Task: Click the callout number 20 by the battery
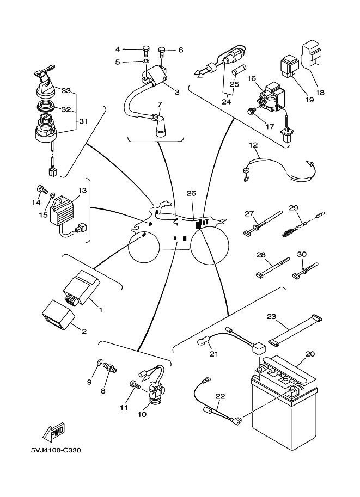pyautogui.click(x=310, y=354)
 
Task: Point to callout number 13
pyautogui.click(x=82, y=191)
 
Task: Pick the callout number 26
pyautogui.click(x=191, y=193)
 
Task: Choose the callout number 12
pyautogui.click(x=253, y=145)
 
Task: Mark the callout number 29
pyautogui.click(x=294, y=208)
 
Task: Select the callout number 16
pyautogui.click(x=252, y=78)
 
